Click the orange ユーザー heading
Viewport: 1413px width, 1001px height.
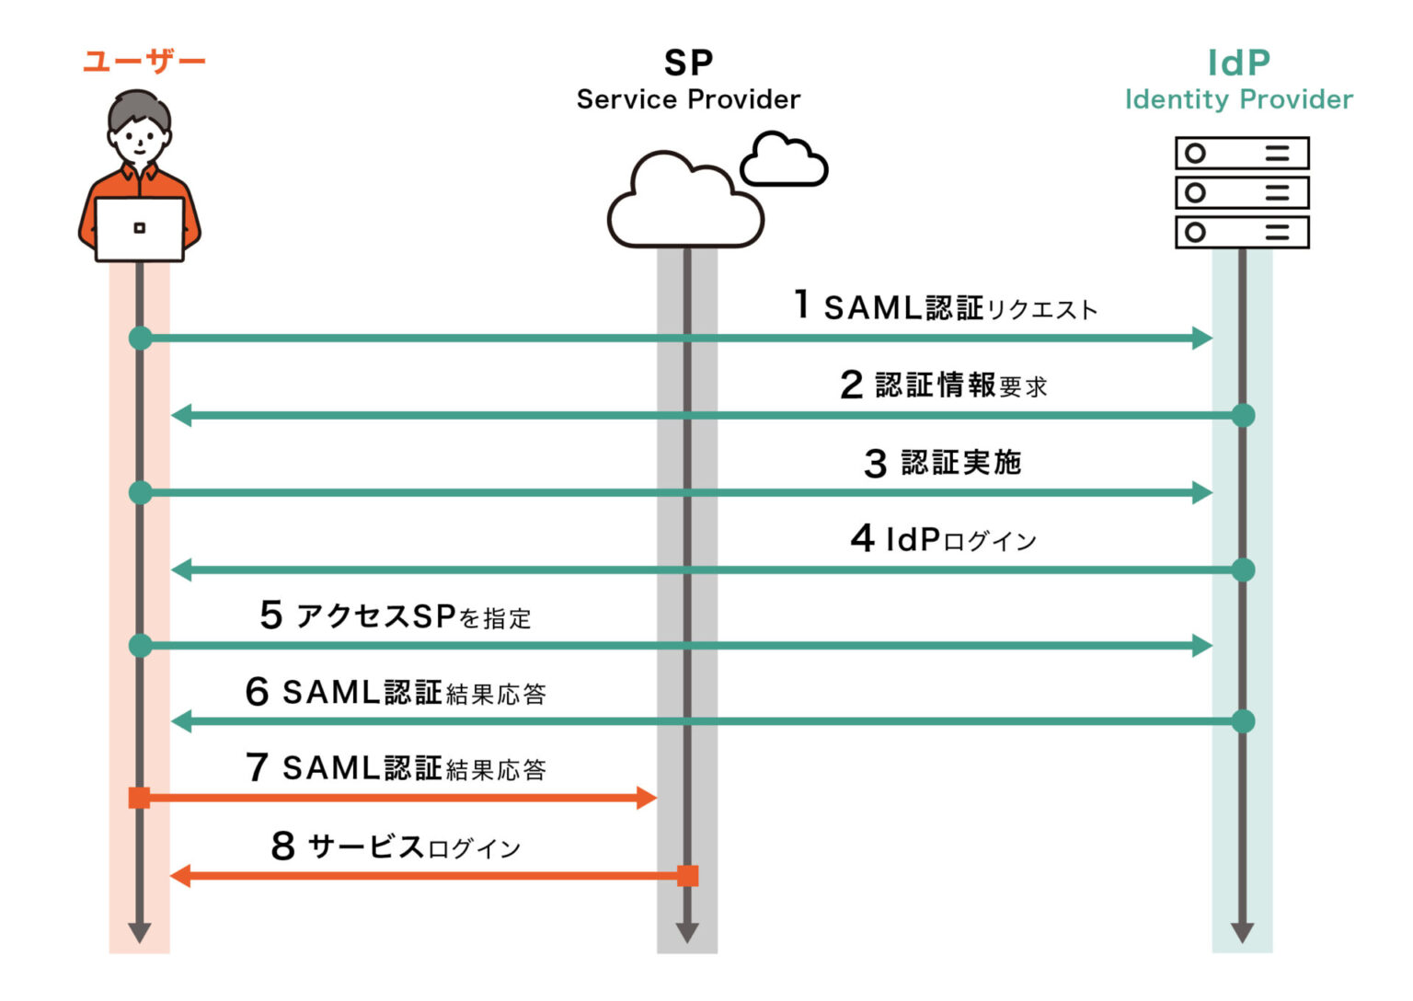pos(144,62)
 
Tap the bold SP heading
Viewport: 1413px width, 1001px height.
pos(688,63)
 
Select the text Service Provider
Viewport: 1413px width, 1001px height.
pos(688,99)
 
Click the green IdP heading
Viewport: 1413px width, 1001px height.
pos(1238,63)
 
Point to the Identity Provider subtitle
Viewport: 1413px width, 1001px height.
pos(1238,99)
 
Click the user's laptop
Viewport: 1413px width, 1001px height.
pos(140,229)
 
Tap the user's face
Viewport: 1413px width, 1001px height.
pos(140,138)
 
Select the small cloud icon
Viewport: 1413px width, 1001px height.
pos(784,160)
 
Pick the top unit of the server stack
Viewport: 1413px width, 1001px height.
pos(1242,154)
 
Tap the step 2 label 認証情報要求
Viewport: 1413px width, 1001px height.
pos(944,385)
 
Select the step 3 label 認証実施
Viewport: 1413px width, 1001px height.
pos(944,462)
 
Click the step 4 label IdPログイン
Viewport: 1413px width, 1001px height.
pos(944,539)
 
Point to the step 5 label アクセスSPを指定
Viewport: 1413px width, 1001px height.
pos(396,616)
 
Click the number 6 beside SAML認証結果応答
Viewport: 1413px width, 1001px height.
pos(258,692)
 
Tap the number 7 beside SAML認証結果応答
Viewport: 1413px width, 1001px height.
pos(258,767)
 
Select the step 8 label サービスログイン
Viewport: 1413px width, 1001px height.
pos(396,846)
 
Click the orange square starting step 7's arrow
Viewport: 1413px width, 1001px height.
pos(140,798)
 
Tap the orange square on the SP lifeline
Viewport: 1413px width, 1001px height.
pos(687,876)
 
